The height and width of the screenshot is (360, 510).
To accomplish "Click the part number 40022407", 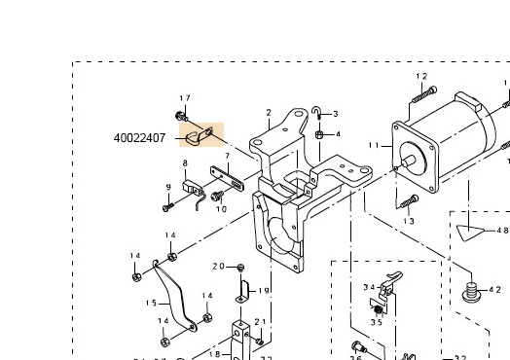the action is [139, 138].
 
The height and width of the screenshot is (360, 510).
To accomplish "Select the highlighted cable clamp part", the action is [200, 136].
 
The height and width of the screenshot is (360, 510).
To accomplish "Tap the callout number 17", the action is [185, 98].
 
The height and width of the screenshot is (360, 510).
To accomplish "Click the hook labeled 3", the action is [316, 113].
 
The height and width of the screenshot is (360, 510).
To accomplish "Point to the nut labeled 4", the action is [319, 134].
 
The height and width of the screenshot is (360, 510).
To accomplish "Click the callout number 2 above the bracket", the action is [269, 113].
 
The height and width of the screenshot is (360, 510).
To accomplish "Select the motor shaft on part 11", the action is [409, 161].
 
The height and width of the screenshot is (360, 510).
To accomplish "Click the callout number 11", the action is [374, 145].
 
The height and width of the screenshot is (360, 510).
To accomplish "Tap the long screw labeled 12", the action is [424, 94].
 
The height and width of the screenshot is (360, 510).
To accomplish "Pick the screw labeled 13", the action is [410, 201].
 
